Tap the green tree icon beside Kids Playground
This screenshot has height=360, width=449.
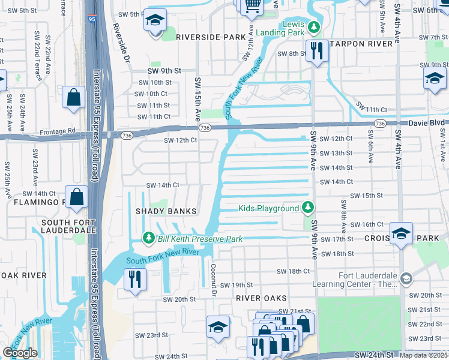click(x=308, y=208)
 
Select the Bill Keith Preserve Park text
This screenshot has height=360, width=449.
click(x=200, y=239)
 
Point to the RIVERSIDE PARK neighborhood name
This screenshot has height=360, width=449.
click(x=211, y=37)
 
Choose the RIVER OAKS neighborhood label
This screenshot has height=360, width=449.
click(x=261, y=298)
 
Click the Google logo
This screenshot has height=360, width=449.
click(x=20, y=353)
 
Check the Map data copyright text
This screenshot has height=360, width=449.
click(x=424, y=355)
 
